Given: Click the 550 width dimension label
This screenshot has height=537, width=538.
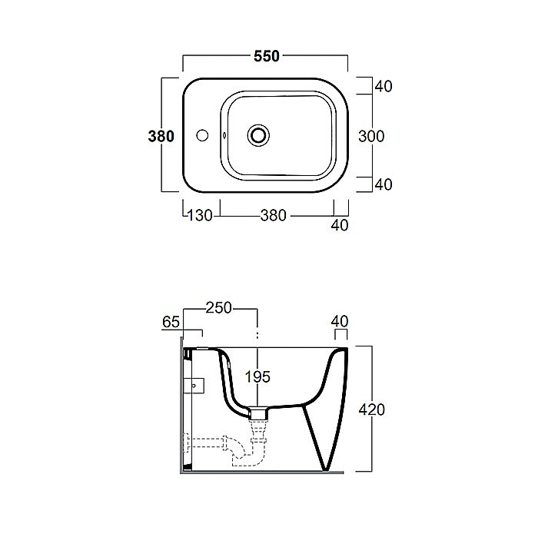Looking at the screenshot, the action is point(267,56).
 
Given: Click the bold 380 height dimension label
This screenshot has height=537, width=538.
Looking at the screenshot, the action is point(161,137).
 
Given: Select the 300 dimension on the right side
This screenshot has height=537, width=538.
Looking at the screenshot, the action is point(371,137).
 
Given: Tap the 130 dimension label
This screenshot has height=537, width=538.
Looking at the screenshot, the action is point(200,216).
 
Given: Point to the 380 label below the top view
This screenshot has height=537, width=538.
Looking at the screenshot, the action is point(273,216).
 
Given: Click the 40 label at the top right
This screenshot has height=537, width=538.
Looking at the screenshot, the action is point(384,86).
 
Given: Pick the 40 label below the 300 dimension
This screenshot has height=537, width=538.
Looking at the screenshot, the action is point(384,185).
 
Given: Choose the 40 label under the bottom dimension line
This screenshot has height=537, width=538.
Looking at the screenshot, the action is point(340,225).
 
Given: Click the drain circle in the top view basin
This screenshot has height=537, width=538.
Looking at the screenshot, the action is point(258,135).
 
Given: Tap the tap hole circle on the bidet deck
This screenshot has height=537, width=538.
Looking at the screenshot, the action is point(202,135).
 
